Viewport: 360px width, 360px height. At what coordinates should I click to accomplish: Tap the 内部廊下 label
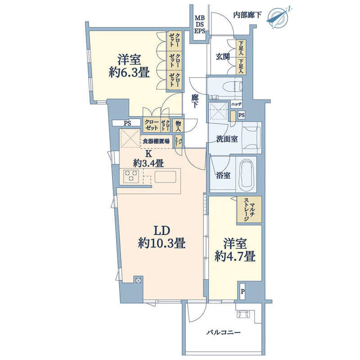247,15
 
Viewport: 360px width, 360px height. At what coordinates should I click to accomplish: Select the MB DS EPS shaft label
200,24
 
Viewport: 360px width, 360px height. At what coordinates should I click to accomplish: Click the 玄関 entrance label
223,57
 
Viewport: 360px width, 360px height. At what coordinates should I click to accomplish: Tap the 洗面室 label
227,139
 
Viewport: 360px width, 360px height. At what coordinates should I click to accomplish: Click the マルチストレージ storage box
249,209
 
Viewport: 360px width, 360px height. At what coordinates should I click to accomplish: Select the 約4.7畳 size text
235,256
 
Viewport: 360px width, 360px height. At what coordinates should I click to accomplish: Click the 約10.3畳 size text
162,243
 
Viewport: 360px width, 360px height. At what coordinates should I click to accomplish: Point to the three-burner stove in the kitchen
131,176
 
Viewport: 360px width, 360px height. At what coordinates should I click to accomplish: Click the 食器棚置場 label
156,141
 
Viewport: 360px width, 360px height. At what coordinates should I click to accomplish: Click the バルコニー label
223,332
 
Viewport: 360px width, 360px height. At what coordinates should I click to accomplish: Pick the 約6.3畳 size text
129,72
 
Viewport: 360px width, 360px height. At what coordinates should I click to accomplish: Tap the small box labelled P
243,292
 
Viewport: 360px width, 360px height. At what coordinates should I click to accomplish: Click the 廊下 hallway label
195,101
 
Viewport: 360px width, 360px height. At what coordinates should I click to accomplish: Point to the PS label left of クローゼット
127,123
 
